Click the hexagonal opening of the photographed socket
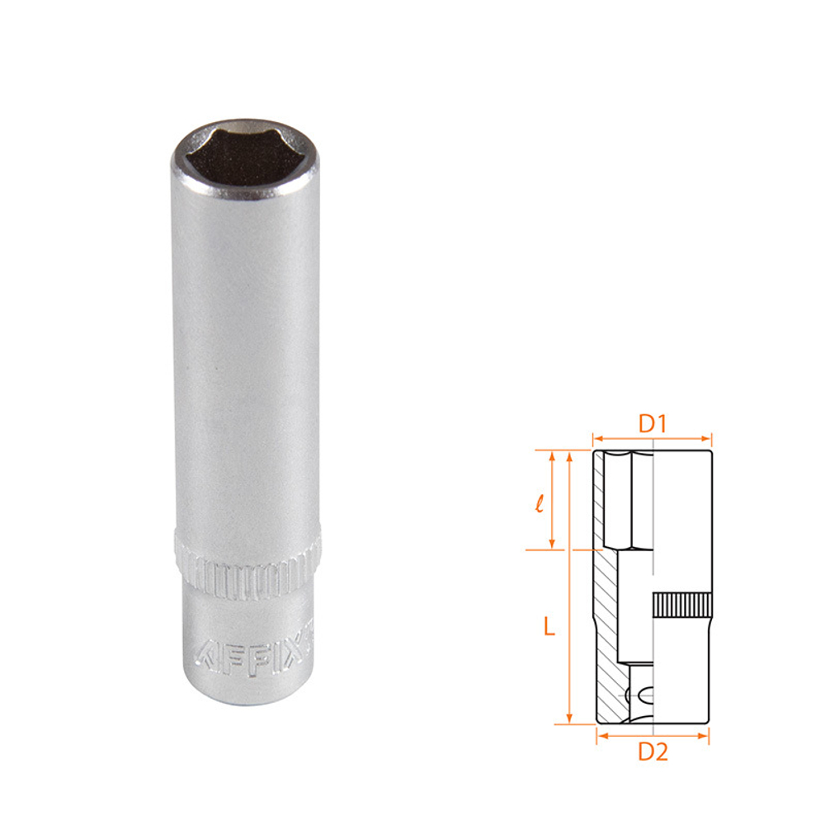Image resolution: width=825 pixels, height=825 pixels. click(x=245, y=154)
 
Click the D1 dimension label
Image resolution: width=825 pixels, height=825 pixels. click(x=653, y=423)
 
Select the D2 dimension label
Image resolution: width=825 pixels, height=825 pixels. click(x=653, y=752)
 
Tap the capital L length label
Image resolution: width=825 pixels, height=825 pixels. click(x=549, y=626)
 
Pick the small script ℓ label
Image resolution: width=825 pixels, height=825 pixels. click(x=539, y=503)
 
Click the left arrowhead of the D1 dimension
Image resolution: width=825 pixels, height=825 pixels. click(x=597, y=438)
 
